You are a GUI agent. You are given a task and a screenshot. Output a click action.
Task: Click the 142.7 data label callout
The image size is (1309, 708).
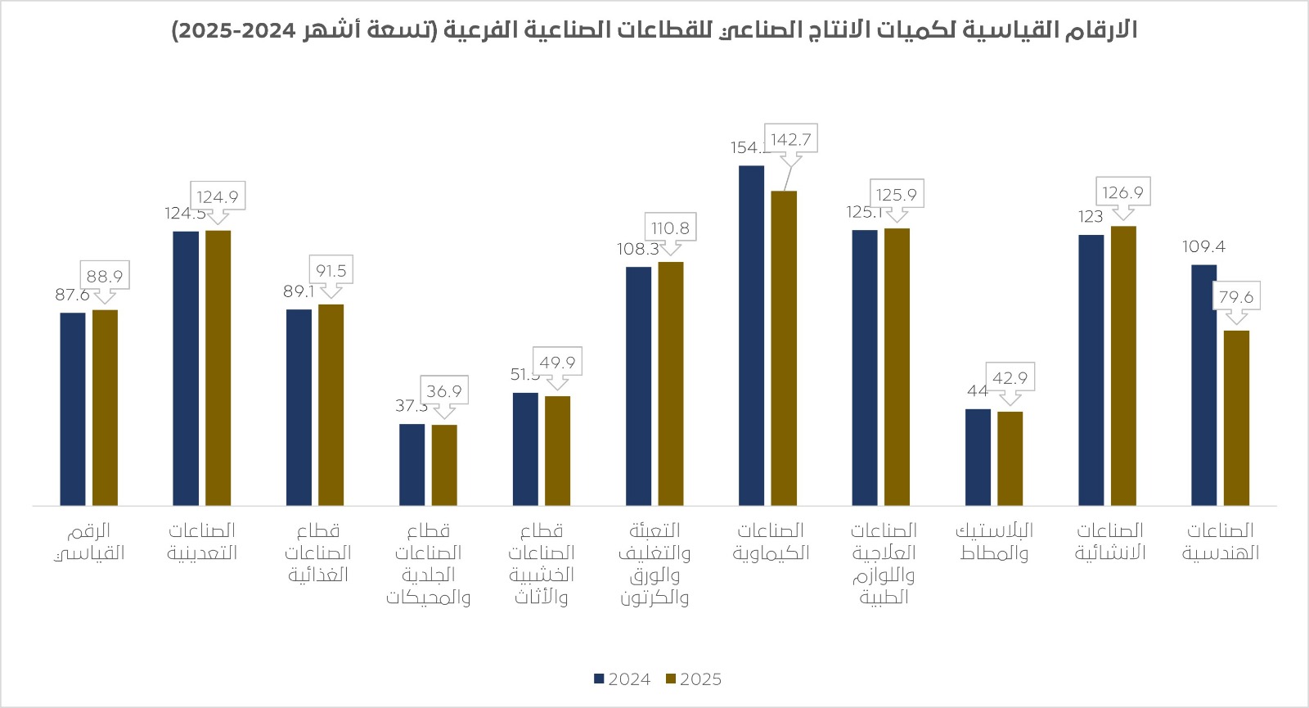(790, 139)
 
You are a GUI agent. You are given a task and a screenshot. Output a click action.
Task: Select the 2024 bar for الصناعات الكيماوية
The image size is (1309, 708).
(751, 336)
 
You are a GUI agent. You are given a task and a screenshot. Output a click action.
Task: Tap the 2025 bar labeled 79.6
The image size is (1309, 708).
(1236, 417)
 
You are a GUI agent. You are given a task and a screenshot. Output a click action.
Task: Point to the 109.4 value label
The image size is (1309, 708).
(1203, 246)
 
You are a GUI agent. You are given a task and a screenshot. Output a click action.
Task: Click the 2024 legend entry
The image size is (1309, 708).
(622, 679)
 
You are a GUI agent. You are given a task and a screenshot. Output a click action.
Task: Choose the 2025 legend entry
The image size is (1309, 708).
(694, 679)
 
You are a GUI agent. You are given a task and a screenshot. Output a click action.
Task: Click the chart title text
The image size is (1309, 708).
(654, 30)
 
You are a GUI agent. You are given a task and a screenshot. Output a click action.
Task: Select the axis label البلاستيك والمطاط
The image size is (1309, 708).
(994, 541)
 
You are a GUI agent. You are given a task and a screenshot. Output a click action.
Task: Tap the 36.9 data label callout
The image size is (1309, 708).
(444, 390)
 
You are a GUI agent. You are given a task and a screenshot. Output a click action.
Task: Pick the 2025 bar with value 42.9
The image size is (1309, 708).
(1010, 458)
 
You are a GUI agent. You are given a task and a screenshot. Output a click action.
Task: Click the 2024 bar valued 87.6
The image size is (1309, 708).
(73, 409)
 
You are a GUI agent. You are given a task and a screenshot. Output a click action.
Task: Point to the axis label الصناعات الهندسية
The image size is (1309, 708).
(1220, 541)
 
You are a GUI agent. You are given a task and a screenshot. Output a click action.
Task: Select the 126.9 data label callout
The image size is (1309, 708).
(1122, 192)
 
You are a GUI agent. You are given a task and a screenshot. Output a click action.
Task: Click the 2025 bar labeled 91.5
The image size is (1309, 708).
(331, 405)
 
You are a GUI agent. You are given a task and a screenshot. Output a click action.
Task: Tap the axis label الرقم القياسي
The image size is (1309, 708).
(89, 541)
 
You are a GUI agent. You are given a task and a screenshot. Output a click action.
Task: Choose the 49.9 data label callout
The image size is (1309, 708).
(557, 362)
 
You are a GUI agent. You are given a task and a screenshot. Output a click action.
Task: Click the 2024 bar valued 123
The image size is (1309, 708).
(1091, 370)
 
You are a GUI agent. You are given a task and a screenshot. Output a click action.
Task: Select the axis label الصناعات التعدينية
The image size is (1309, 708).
(202, 541)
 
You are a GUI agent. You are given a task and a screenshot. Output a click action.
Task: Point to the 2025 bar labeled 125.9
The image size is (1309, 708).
(897, 367)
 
